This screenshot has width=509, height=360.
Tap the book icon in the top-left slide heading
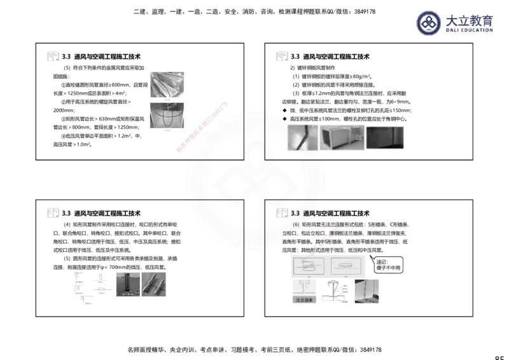[52, 57]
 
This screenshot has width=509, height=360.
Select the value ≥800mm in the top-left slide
[120, 85]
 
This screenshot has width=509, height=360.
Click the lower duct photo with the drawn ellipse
[169, 118]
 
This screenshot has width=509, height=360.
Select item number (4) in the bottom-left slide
[68, 225]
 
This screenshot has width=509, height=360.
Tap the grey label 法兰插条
[302, 298]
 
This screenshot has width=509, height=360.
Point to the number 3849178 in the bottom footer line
[367, 350]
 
